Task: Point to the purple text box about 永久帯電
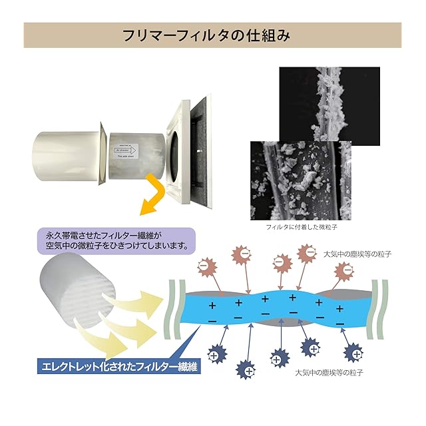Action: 117,240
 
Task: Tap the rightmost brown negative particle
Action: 344,269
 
